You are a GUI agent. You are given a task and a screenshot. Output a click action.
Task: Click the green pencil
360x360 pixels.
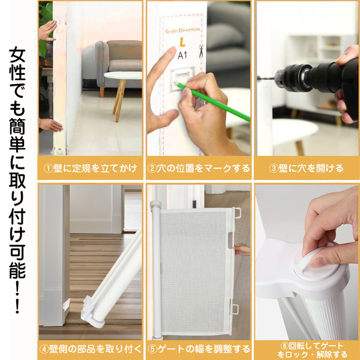(212, 102)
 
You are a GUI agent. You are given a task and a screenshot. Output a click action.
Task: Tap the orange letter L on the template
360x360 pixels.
(182, 42)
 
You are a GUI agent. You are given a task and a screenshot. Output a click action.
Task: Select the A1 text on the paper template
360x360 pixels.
(182, 55)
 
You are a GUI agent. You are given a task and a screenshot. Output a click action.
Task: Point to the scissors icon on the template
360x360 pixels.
(201, 51)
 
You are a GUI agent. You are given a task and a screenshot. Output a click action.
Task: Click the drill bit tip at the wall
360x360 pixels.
(258, 77)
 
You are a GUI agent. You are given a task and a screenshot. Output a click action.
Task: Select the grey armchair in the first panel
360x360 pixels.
(119, 64)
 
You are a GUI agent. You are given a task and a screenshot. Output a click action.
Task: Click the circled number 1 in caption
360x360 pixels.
(48, 169)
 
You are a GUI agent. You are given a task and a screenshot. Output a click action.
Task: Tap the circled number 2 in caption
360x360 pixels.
(152, 169)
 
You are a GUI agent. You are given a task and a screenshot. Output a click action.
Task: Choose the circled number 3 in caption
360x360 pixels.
(274, 169)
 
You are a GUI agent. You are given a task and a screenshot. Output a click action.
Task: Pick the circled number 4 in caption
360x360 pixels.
(44, 349)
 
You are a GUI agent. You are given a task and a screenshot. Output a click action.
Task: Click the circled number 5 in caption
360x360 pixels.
(152, 349)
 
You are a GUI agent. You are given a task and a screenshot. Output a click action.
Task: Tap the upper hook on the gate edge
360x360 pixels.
(238, 212)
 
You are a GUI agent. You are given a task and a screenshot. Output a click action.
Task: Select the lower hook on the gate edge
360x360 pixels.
(235, 308)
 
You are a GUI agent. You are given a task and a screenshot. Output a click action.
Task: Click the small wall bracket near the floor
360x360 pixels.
(66, 304)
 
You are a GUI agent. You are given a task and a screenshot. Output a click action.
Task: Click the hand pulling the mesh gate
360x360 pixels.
(242, 250)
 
